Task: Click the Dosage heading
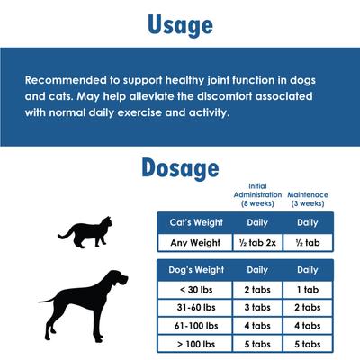(x=179, y=168)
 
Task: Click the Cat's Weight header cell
(x=195, y=222)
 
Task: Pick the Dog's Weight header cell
(x=195, y=269)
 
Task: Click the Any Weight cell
(x=195, y=242)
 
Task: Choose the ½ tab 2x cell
(x=257, y=242)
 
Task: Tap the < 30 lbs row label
(x=195, y=289)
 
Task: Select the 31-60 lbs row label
(x=195, y=307)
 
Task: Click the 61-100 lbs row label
(x=195, y=325)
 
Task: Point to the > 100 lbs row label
(x=195, y=343)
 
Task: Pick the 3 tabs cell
(x=257, y=307)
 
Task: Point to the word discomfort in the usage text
(x=242, y=95)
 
